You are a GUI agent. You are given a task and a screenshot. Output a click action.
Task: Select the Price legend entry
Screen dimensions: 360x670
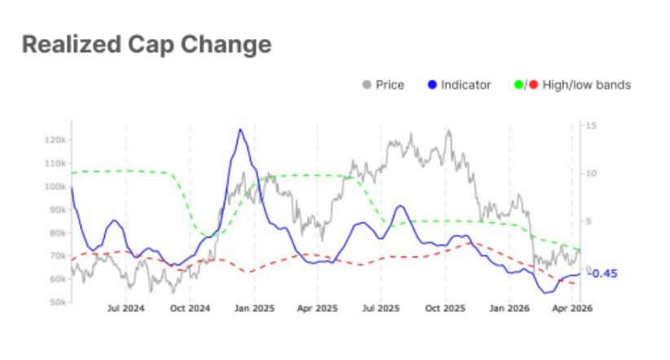coord(389,85)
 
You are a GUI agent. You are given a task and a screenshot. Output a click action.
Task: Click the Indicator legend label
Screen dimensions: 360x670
coord(466,85)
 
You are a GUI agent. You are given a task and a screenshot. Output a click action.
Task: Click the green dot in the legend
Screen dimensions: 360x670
coord(519,85)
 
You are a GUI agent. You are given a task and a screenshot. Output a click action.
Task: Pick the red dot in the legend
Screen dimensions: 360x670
coord(532,85)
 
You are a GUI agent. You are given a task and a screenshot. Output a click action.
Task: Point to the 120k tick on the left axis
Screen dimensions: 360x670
coord(54,140)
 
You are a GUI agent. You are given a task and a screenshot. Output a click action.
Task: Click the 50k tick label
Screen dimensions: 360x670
coord(55,302)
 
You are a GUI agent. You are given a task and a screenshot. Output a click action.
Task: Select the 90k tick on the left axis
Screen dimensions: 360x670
coord(55,209)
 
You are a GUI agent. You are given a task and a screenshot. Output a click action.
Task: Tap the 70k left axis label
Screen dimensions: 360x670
coord(55,256)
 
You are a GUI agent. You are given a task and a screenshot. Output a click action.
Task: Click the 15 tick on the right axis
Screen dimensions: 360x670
coord(591,125)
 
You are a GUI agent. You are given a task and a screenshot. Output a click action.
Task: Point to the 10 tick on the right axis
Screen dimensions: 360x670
coord(591,173)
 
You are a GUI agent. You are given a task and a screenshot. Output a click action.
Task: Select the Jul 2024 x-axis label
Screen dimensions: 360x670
coord(125,310)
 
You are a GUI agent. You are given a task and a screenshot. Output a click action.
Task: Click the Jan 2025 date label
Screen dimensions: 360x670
coord(254,310)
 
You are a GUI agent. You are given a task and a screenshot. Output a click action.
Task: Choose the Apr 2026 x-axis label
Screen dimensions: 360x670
coord(571,310)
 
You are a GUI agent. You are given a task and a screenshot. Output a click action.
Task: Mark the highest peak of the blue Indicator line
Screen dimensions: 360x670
coord(239,130)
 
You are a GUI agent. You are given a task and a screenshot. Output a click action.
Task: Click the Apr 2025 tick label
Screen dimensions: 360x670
coord(317,310)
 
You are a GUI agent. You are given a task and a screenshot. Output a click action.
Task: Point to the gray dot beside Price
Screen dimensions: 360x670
coord(367,85)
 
